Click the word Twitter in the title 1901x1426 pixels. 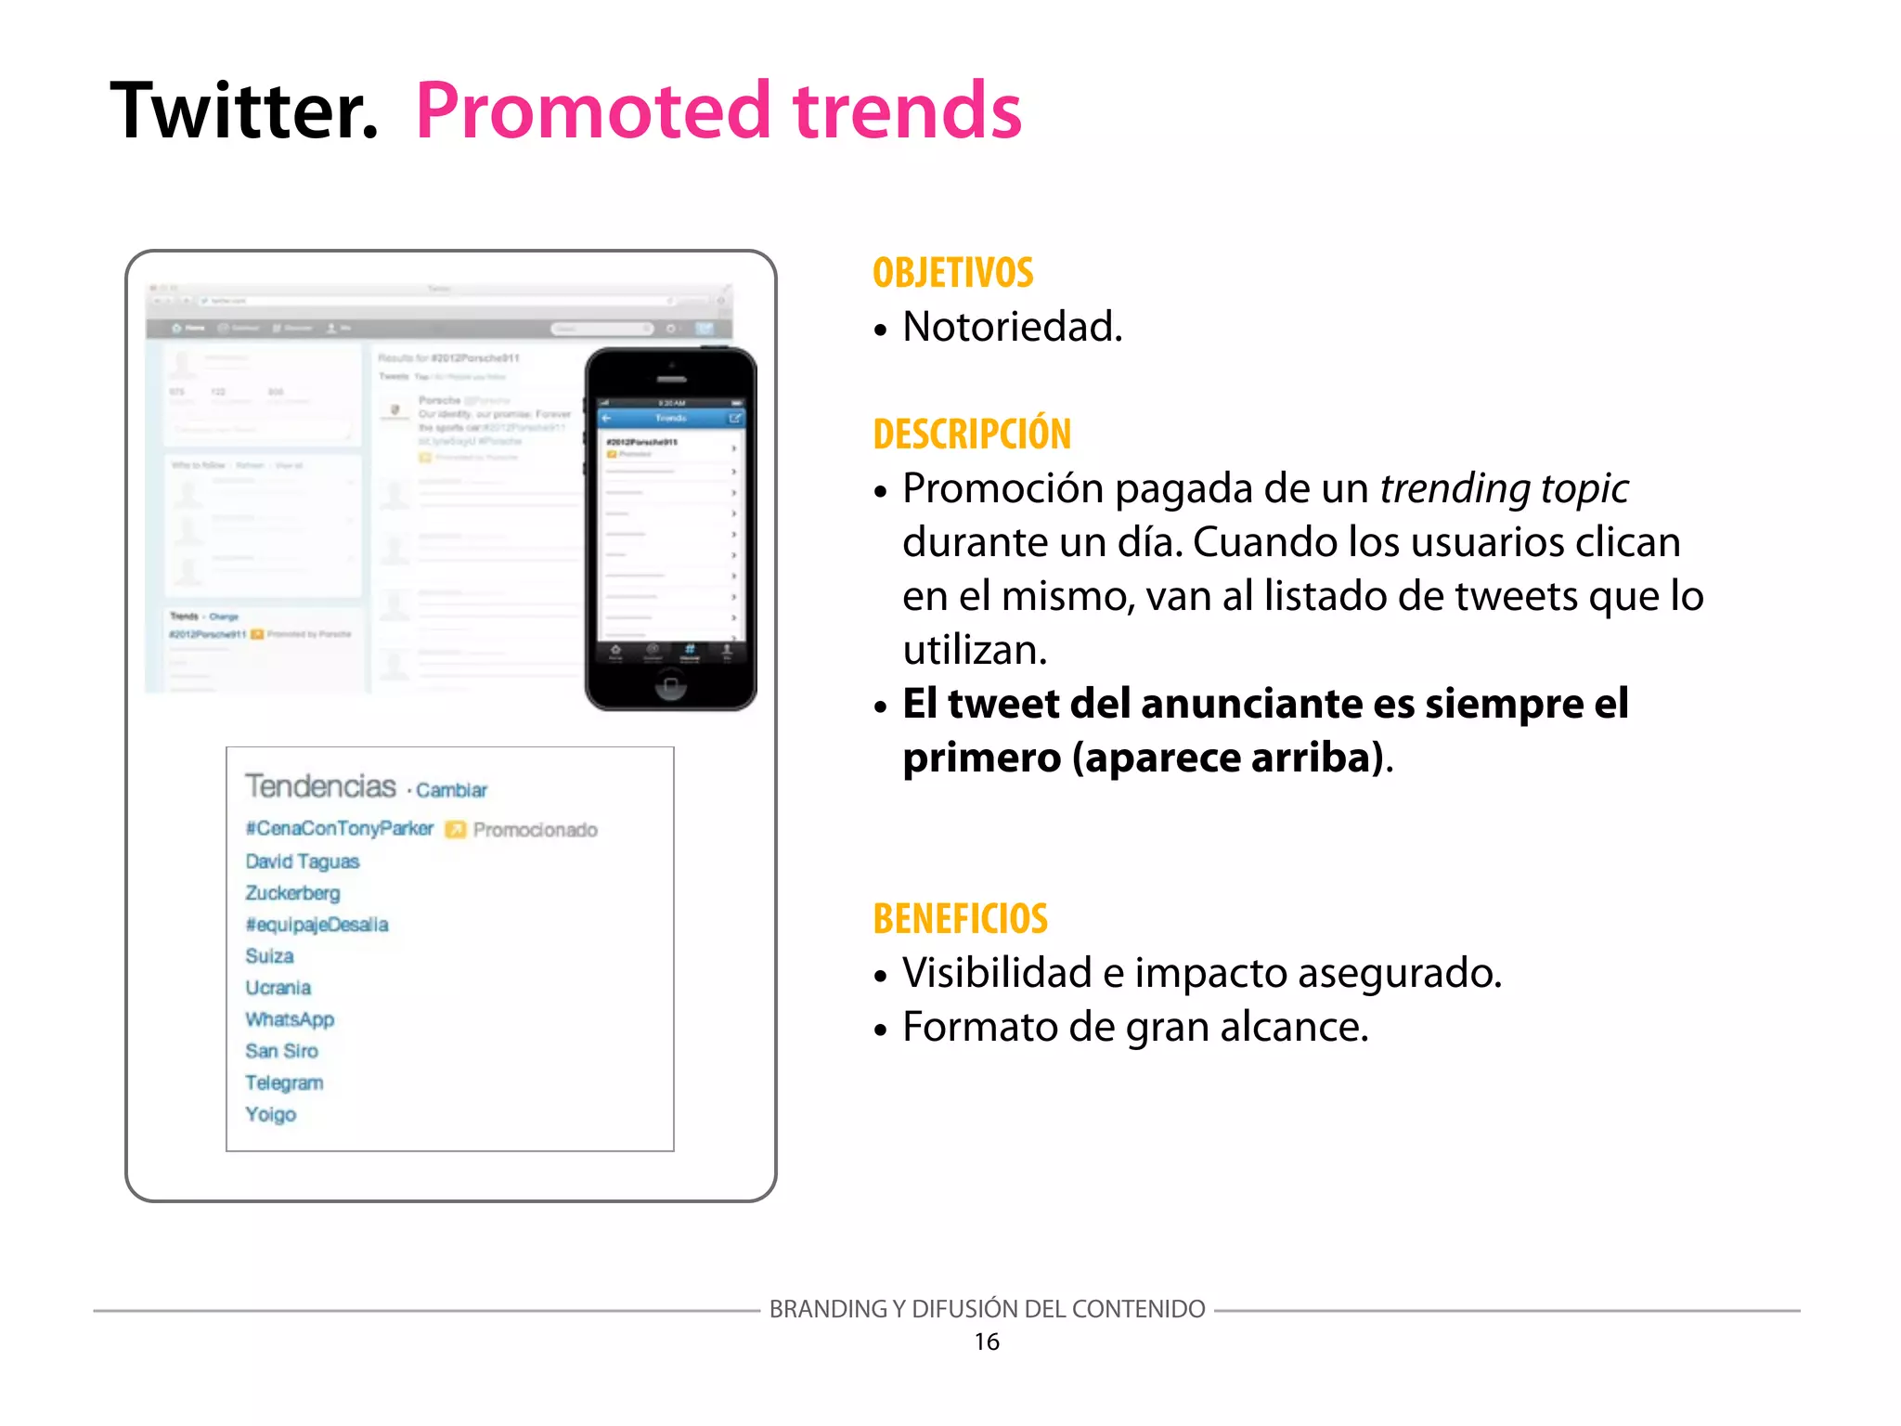tap(243, 111)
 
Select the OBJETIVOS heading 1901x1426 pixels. tap(952, 273)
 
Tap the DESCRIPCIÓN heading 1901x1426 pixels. tap(972, 434)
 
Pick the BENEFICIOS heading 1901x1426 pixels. tap(960, 919)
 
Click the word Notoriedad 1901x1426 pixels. tap(1012, 327)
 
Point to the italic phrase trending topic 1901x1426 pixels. tap(1504, 488)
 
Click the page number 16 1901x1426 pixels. tap(986, 1342)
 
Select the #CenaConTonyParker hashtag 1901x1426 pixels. tap(340, 828)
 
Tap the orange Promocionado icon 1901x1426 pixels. tap(455, 829)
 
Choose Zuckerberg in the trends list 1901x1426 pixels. tap(292, 893)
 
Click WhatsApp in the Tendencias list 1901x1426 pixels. tap(290, 1019)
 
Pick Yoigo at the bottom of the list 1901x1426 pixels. tap(270, 1114)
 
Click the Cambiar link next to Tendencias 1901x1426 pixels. tap(451, 790)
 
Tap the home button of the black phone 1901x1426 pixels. tap(670, 686)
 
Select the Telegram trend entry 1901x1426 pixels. tap(284, 1082)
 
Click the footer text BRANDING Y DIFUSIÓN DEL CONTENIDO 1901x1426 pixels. tap(987, 1309)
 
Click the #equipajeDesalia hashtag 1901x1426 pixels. tap(317, 925)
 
